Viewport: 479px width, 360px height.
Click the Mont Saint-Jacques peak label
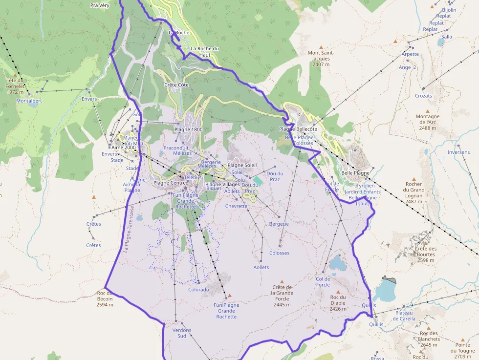point(321,59)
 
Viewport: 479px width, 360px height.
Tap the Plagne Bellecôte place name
point(298,129)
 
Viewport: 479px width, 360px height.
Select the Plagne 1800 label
point(188,129)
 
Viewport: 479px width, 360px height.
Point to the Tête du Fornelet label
point(15,86)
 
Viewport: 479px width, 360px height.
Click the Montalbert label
point(29,101)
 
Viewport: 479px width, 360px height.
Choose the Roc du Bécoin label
point(105,299)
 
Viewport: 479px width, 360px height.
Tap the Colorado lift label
point(198,290)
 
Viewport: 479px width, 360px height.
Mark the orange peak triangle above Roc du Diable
point(338,292)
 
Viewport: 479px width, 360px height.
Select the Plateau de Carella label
point(398,316)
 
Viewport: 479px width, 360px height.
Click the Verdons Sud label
point(182,333)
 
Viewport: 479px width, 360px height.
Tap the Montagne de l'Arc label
point(428,122)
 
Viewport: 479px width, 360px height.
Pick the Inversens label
point(458,152)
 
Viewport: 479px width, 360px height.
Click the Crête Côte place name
point(176,85)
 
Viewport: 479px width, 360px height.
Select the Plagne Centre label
point(170,183)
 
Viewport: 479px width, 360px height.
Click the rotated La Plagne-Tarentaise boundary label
point(130,229)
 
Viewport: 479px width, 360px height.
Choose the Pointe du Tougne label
point(462,348)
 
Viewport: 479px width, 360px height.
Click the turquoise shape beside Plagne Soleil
point(258,180)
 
